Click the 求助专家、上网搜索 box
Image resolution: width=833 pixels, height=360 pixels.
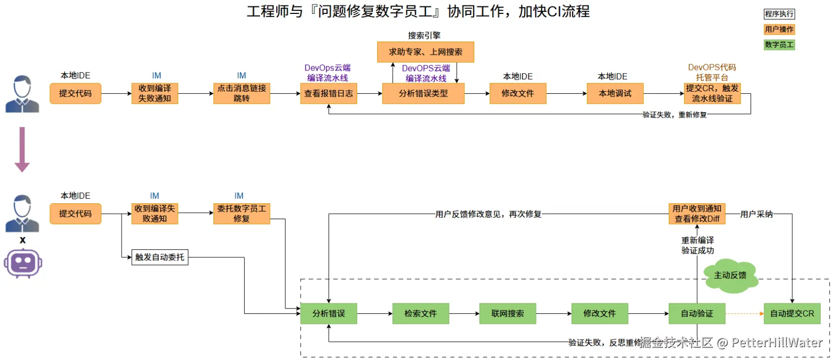click(x=425, y=52)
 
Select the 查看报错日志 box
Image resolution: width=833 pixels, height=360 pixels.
click(x=329, y=94)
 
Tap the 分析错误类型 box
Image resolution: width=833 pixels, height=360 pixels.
click(x=423, y=94)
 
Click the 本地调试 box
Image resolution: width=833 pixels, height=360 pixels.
click(x=615, y=94)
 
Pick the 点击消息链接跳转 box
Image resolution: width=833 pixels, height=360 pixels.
click(x=242, y=94)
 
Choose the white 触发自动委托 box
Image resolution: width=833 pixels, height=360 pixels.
click(x=160, y=257)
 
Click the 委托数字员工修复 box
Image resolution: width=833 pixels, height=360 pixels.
click(x=242, y=214)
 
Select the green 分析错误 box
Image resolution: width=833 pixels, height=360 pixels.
click(x=329, y=313)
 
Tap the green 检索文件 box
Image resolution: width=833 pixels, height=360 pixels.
click(x=421, y=313)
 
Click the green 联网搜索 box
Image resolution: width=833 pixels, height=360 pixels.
click(x=508, y=313)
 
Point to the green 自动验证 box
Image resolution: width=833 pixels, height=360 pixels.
click(x=697, y=313)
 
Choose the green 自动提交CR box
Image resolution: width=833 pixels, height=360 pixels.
click(x=792, y=313)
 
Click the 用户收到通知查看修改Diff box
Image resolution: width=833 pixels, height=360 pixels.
click(x=697, y=214)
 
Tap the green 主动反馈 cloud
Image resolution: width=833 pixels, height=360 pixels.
click(x=730, y=275)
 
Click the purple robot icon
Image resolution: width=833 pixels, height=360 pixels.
click(x=23, y=263)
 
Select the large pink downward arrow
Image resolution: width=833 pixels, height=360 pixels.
click(x=22, y=149)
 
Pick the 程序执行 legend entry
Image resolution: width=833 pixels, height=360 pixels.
click(x=779, y=14)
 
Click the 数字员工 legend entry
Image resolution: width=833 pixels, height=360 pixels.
click(x=779, y=45)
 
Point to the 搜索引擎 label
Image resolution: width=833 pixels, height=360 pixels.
click(x=424, y=36)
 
